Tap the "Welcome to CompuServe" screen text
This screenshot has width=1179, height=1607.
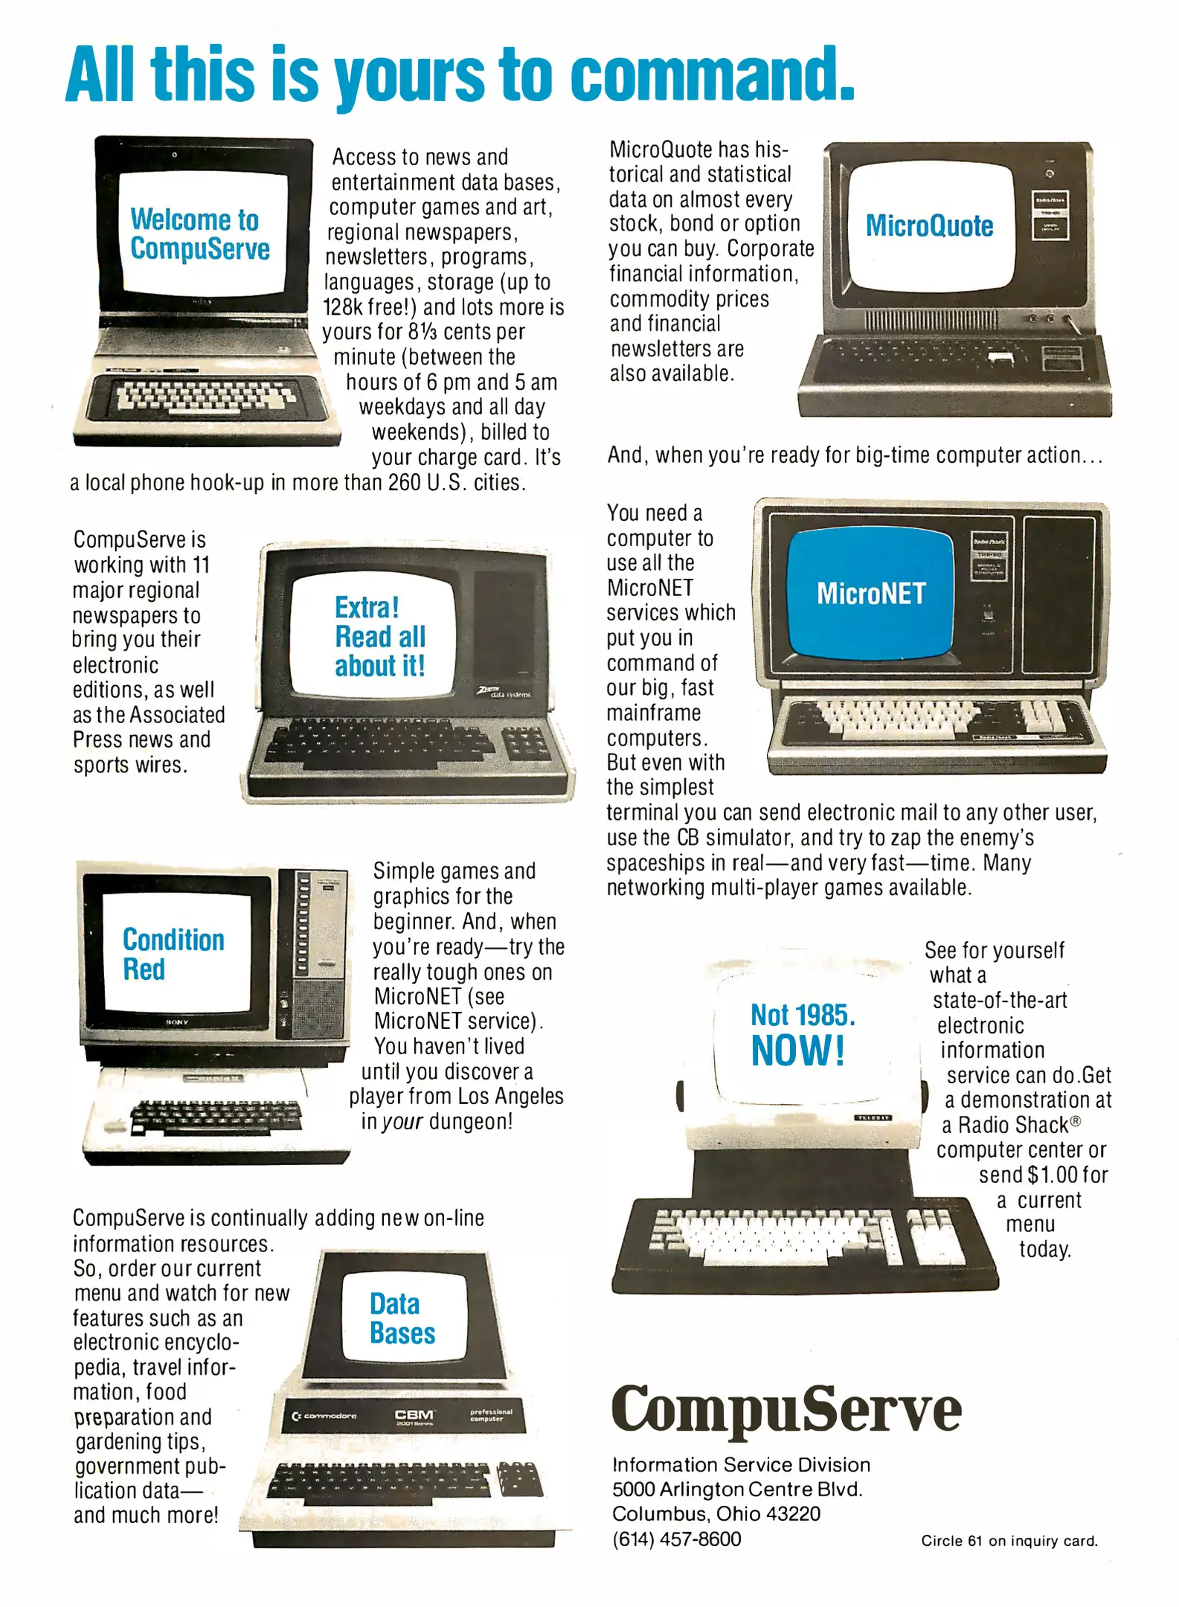[x=199, y=234]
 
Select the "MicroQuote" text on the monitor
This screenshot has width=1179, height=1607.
[x=929, y=225]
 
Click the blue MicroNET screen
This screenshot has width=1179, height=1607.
[x=870, y=594]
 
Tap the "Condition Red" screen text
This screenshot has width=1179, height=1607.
[x=173, y=955]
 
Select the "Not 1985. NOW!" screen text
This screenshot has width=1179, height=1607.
[x=803, y=1034]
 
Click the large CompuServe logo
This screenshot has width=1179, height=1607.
[x=786, y=1408]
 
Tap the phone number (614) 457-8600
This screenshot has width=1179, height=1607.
[x=676, y=1539]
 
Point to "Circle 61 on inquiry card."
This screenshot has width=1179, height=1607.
[x=1009, y=1541]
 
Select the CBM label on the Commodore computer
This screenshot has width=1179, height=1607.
[x=414, y=1414]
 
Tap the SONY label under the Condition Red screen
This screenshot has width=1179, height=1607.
[x=177, y=1022]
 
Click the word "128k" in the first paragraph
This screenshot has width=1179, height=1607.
[x=343, y=307]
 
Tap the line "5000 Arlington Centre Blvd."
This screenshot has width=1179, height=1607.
[x=736, y=1489]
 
